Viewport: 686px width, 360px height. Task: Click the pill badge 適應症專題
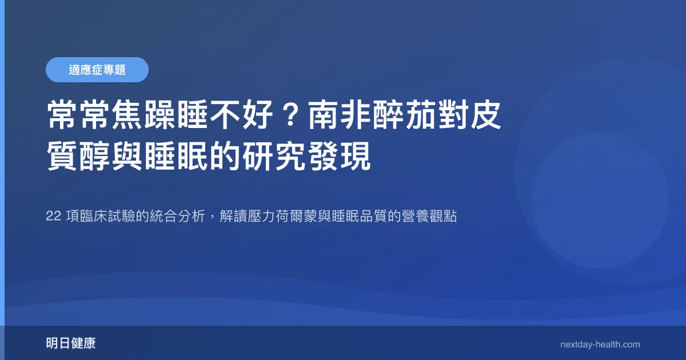(x=97, y=70)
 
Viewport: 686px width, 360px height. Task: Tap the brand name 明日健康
(x=71, y=343)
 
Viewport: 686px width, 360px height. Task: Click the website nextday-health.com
(x=600, y=345)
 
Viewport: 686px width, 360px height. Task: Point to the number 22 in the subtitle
(x=53, y=216)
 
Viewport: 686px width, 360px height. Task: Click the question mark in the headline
(x=290, y=115)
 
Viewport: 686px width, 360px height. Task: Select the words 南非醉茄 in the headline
(x=372, y=115)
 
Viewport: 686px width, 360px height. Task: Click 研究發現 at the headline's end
(x=306, y=156)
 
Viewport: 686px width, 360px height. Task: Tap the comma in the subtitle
(x=212, y=219)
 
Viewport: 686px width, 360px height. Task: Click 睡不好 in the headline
(x=225, y=115)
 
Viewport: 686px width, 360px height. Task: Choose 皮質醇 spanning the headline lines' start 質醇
(x=79, y=156)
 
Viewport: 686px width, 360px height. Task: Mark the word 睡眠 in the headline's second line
(x=177, y=156)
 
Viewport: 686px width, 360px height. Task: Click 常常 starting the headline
(x=78, y=115)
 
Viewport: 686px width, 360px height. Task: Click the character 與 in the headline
(x=127, y=156)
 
